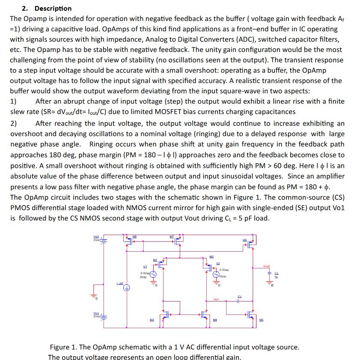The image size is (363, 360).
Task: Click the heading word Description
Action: [x=53, y=8]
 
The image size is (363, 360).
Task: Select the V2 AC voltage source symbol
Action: [x=216, y=274]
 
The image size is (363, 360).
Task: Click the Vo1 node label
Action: [x=216, y=299]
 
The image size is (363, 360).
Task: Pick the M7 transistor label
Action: [x=171, y=237]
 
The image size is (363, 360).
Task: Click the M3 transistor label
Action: [x=152, y=319]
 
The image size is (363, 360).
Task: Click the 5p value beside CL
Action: [x=277, y=277]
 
